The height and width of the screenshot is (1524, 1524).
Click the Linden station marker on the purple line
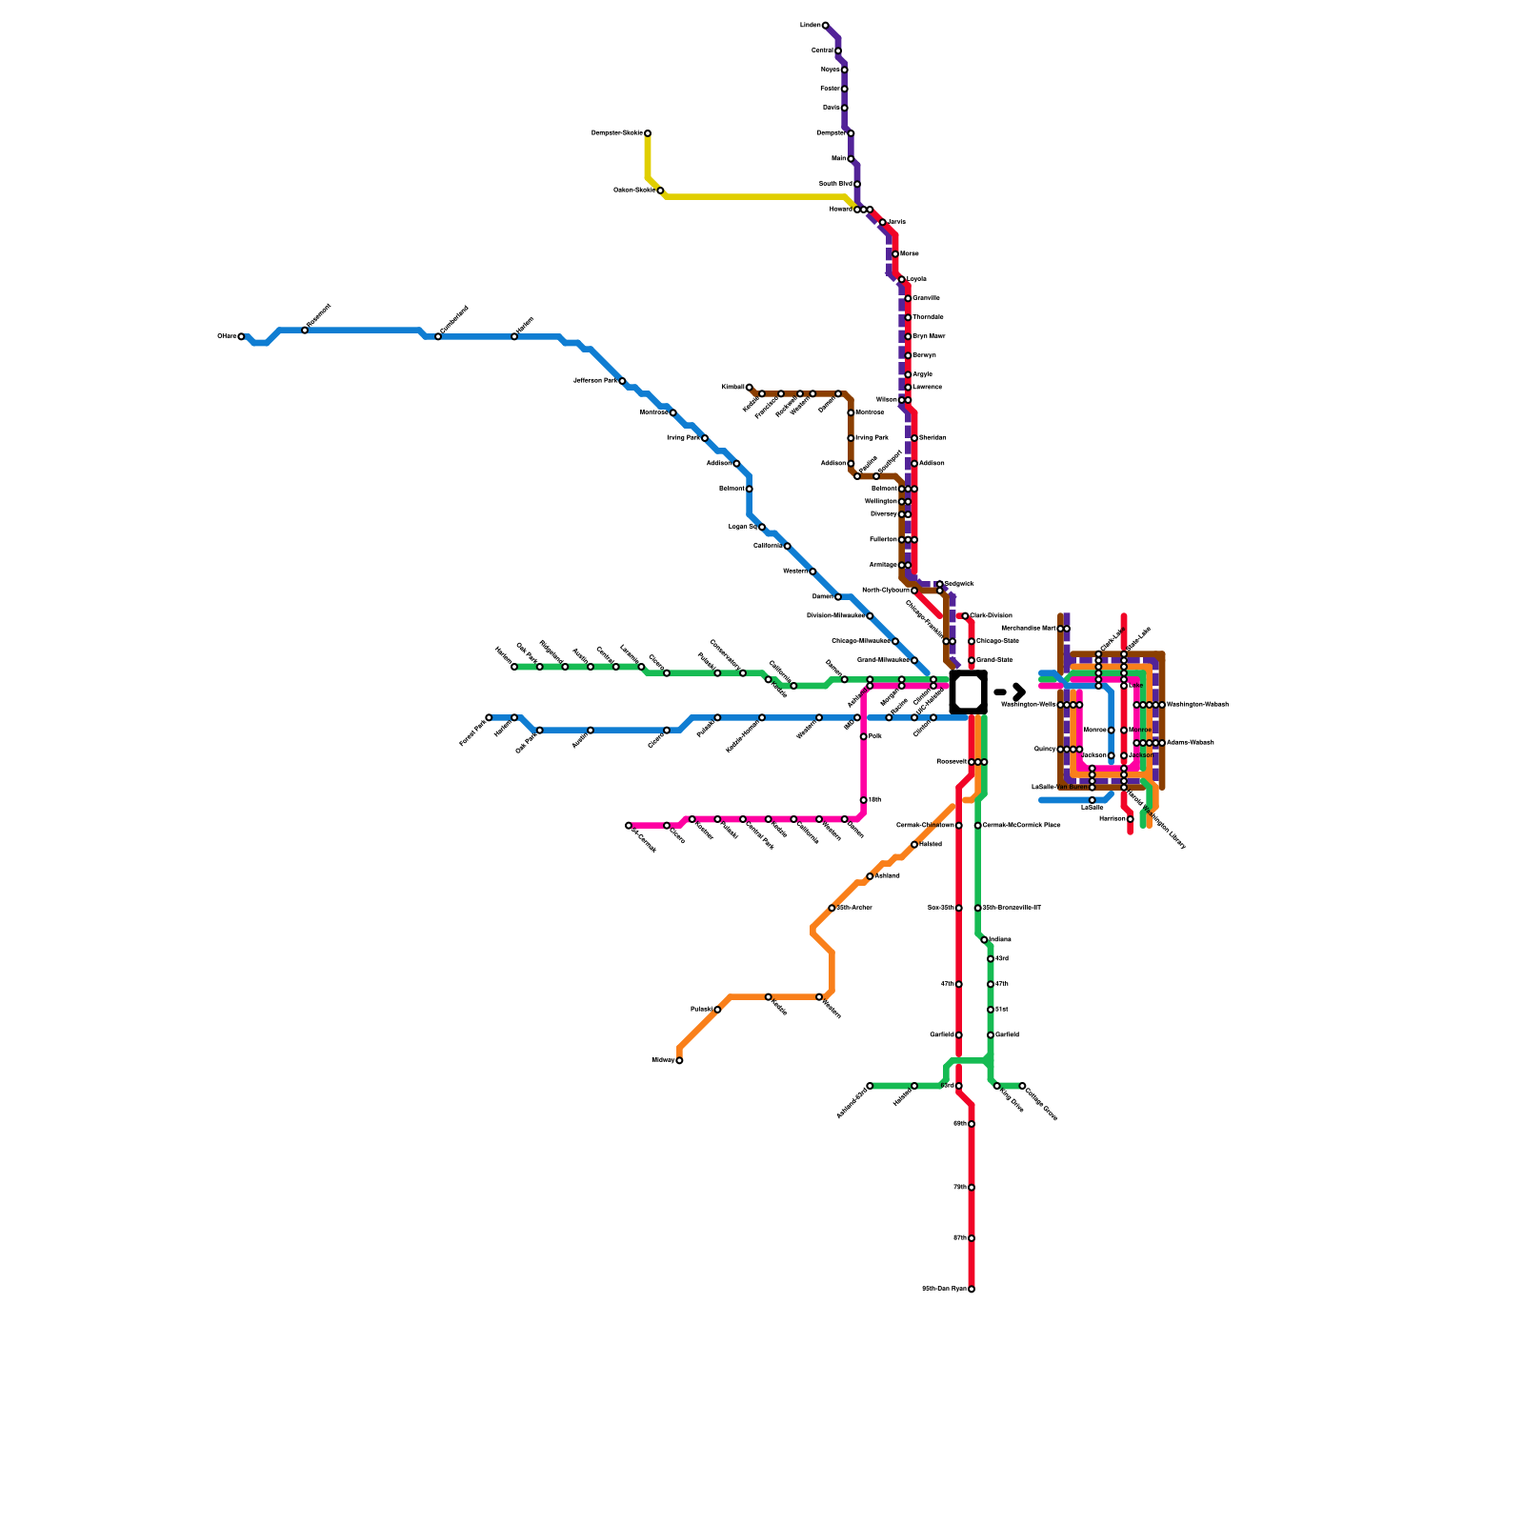click(x=826, y=25)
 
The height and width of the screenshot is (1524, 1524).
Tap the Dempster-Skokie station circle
click(x=648, y=133)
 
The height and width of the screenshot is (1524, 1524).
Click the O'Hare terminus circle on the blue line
click(x=241, y=336)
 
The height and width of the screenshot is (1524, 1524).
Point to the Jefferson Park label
click(x=595, y=380)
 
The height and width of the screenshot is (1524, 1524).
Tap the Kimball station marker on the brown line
click(x=750, y=387)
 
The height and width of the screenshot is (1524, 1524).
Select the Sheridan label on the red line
click(x=932, y=438)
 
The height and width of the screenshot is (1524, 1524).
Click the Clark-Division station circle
click(x=965, y=616)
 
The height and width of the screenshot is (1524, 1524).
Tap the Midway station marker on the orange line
click(x=679, y=1060)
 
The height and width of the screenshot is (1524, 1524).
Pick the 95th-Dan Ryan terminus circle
click(x=972, y=1289)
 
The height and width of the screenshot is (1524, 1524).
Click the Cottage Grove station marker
click(x=1022, y=1086)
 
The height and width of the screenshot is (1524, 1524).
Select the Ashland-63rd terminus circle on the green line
click(x=870, y=1086)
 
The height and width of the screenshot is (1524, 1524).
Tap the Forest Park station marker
click(x=489, y=717)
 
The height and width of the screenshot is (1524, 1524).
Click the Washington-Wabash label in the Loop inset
click(x=1197, y=705)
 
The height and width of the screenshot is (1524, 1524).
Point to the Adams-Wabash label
click(x=1191, y=743)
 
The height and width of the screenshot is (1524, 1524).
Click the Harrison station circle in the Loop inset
click(x=1131, y=819)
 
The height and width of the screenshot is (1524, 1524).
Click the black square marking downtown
click(x=968, y=692)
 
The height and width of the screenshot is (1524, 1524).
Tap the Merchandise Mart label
click(x=1029, y=629)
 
